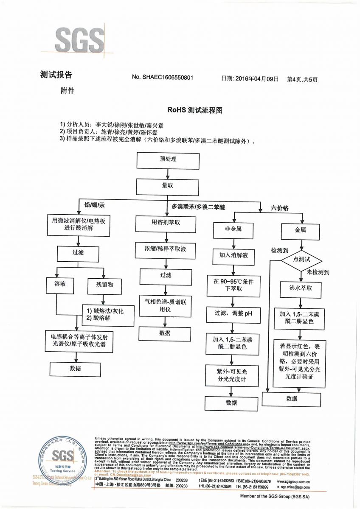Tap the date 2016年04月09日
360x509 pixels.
pos(256,79)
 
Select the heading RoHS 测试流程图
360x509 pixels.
pos(195,110)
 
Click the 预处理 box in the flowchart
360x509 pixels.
pos(168,159)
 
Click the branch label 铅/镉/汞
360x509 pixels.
pos(94,205)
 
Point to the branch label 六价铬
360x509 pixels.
pos(279,208)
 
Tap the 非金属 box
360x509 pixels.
pos(233,229)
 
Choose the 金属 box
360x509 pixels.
pos(300,229)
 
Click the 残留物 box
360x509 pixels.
pos(104,285)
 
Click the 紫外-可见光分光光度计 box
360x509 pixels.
pos(231,375)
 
